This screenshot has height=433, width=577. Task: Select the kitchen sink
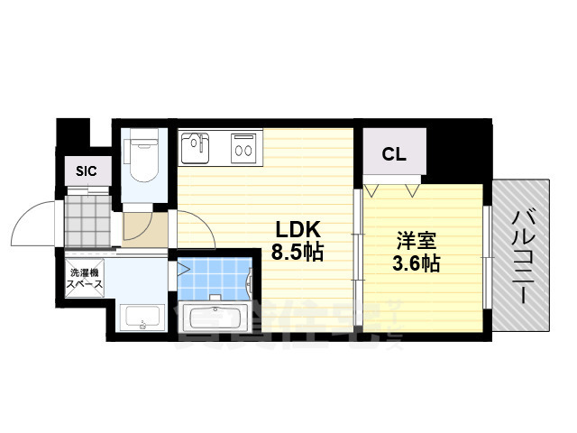click(196, 147)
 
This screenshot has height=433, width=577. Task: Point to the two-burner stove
click(244, 147)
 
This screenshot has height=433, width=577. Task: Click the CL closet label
click(394, 154)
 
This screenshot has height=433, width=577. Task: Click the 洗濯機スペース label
click(83, 278)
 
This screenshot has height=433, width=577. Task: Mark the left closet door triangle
click(372, 190)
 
